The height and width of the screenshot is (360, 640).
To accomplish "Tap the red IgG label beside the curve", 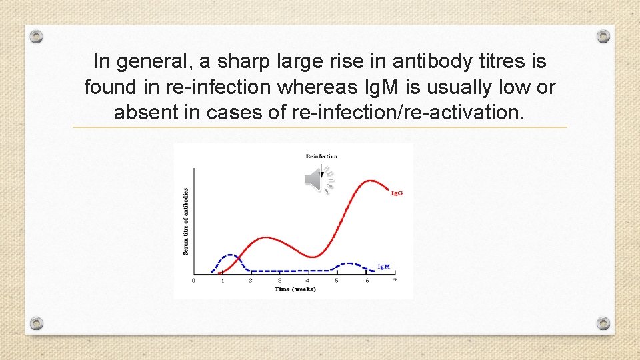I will (397, 193).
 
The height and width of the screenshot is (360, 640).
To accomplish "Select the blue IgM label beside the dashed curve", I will (383, 267).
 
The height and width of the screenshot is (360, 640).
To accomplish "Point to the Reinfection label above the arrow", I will (321, 156).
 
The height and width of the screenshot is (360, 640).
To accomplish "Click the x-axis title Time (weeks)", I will (295, 289).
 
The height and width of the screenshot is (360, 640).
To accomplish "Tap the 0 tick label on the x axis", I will (194, 281).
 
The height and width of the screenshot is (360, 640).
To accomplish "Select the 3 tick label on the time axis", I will (279, 281).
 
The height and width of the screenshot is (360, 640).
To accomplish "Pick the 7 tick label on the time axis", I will (394, 281).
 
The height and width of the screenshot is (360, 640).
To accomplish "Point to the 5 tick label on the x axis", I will (337, 281).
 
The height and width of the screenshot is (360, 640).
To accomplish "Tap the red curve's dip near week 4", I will (312, 257).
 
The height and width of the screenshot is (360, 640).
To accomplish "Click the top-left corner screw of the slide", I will (37, 36).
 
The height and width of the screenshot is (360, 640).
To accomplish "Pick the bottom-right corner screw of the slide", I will (603, 323).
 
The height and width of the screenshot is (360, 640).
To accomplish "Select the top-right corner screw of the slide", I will (603, 36).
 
